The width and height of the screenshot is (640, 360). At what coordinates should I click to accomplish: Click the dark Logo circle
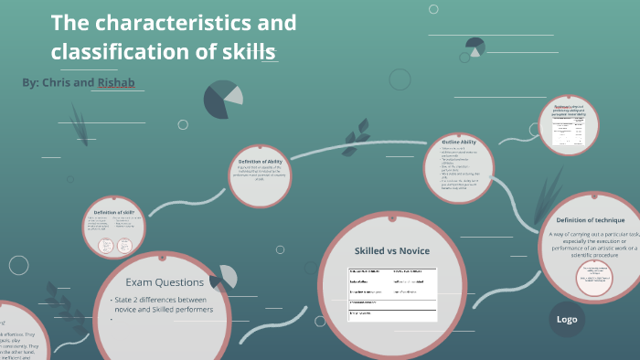[x=567, y=319]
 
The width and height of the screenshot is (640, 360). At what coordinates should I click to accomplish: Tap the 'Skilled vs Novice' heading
[x=391, y=250]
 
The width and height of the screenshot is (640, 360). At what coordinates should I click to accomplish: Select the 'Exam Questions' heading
[x=165, y=282]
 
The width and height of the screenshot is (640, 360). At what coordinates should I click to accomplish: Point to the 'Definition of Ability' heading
[x=261, y=161]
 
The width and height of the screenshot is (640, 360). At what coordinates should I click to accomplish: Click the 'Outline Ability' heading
[x=458, y=143]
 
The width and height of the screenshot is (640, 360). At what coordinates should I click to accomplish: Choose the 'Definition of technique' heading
[x=590, y=220]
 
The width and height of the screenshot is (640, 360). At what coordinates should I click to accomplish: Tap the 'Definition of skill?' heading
[x=114, y=211]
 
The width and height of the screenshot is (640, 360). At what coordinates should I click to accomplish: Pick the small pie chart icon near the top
[x=475, y=47]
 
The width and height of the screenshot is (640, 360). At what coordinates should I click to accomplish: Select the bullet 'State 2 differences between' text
[x=175, y=300]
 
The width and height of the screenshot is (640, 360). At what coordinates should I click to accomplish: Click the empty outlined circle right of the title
[x=400, y=79]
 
